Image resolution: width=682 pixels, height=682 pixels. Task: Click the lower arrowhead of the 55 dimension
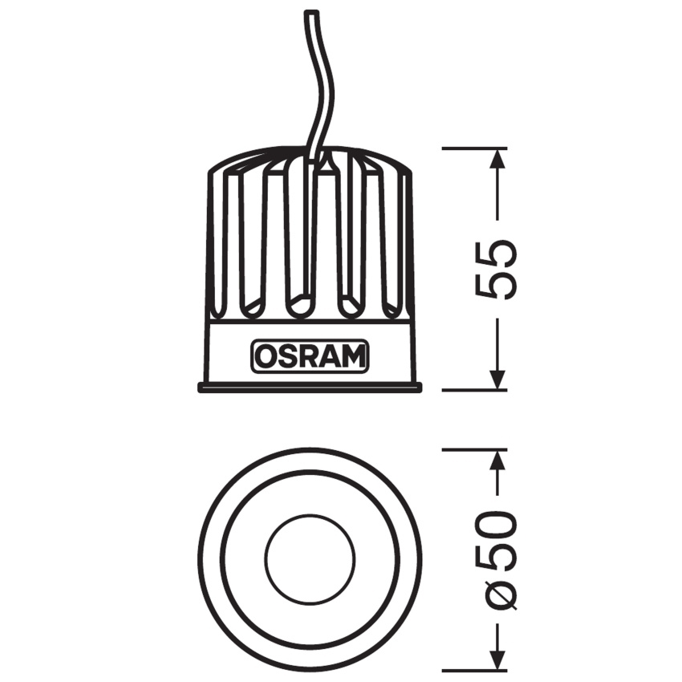497,380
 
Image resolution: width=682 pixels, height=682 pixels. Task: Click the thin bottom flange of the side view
310,388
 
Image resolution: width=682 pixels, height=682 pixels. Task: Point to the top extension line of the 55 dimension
473,148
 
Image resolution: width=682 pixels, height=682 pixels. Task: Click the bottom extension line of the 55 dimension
473,391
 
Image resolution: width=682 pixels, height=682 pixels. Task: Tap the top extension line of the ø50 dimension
473,449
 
